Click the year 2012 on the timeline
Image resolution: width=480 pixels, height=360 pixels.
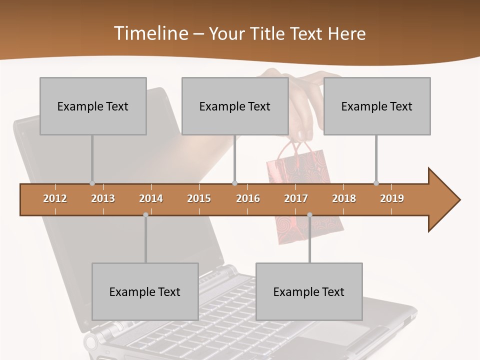coord(55,198)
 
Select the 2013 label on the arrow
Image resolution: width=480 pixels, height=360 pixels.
coord(103,198)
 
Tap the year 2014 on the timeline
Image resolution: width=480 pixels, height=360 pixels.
coord(151,198)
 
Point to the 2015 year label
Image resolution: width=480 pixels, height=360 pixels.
coord(199,198)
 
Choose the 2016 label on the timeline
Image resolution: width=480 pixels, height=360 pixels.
coord(248,198)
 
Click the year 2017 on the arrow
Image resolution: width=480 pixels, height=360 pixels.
coord(296,198)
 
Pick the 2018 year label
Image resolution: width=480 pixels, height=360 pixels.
coord(344,198)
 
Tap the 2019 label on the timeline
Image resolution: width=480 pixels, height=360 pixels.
coord(392,198)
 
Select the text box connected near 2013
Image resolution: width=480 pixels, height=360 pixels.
coord(93,106)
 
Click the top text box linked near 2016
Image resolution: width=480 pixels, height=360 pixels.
coord(235,106)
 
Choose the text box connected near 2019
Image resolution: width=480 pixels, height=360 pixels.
coord(377,106)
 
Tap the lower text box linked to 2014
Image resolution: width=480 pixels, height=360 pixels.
coord(145,291)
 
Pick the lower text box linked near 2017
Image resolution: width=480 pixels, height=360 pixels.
coord(309,291)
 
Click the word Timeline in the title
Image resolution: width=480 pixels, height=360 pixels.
coord(150,33)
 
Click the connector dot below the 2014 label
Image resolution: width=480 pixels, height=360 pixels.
coord(145,215)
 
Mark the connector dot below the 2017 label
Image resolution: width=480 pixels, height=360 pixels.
coord(309,215)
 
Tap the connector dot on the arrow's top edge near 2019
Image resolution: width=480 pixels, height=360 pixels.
coord(376,183)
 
